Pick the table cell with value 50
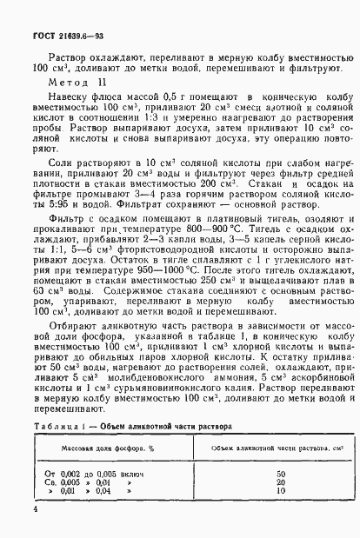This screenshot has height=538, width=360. [280, 473]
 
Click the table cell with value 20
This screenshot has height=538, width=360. [280, 482]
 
